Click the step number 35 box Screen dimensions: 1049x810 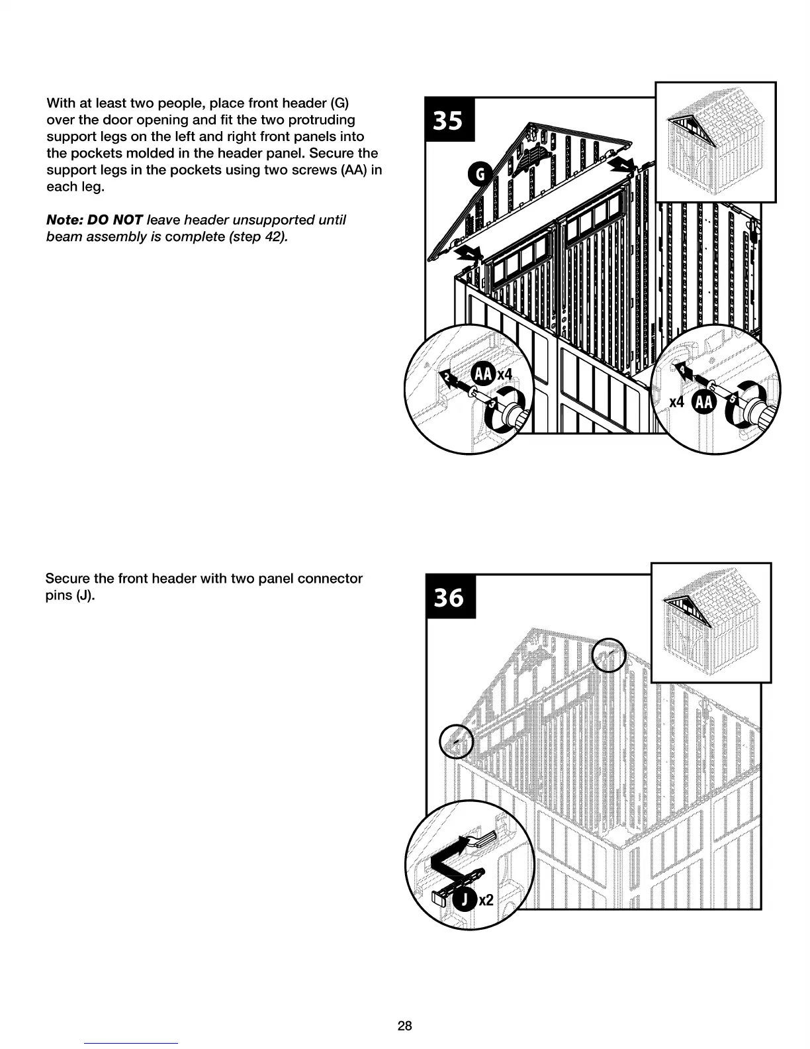tap(449, 120)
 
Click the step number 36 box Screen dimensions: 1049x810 tap(449, 597)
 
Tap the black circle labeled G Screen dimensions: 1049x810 tap(478, 174)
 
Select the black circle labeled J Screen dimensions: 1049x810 tap(465, 899)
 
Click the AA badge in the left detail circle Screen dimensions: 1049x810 tap(483, 374)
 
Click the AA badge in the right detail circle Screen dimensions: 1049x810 tap(703, 403)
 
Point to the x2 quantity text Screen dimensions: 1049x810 tap(486, 900)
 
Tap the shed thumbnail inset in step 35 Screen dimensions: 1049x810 tap(715, 142)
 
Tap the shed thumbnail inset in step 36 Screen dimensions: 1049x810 tap(711, 622)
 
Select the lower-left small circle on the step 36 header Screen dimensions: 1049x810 tap(457, 741)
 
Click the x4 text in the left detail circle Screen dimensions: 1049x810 tap(504, 375)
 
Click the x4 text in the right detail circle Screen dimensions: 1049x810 tap(676, 403)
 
